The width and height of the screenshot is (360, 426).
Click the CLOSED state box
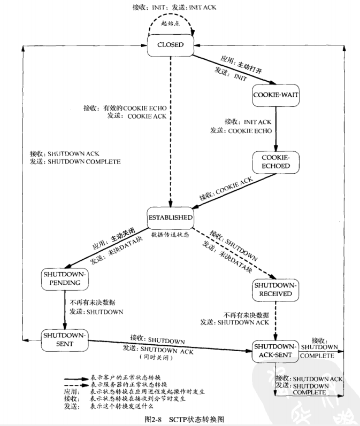click(x=171, y=45)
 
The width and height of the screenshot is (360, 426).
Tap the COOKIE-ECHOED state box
click(x=276, y=162)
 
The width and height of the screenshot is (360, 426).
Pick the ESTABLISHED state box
click(x=170, y=218)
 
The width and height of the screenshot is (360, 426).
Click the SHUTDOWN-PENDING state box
click(x=64, y=278)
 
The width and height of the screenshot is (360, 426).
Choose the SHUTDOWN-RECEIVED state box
click(x=276, y=289)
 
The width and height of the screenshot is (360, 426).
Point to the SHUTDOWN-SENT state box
click(x=64, y=339)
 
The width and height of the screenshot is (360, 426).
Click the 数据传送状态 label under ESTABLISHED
click(x=170, y=234)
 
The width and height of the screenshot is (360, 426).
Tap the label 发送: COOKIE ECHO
click(x=241, y=130)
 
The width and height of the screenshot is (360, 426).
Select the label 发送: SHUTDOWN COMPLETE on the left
click(x=75, y=161)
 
